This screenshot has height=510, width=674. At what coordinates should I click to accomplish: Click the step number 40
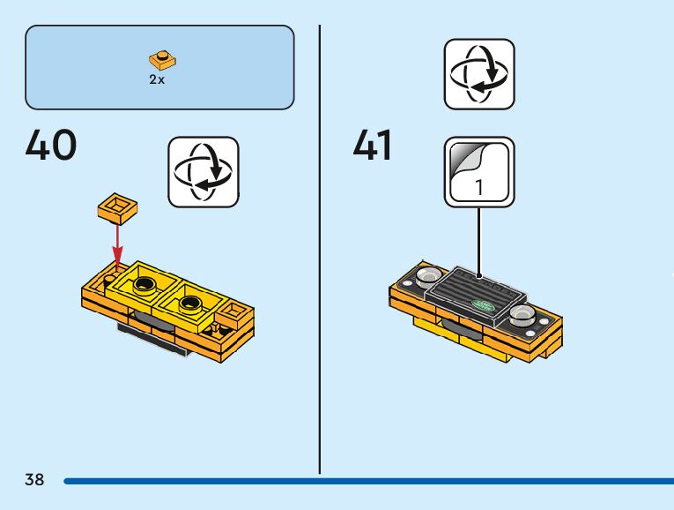point(51,145)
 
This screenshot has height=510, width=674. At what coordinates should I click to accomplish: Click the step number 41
point(373,145)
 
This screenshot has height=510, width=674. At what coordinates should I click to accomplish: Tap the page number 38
point(34,480)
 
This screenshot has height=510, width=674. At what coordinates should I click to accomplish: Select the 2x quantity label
point(157,79)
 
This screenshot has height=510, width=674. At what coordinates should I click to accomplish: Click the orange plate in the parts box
point(162,60)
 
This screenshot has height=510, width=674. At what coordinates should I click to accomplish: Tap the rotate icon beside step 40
point(204,171)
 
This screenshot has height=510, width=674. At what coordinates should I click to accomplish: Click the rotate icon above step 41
point(478,74)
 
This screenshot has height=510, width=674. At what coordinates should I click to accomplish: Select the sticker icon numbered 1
point(478,171)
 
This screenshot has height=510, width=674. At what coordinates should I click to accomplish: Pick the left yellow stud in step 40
point(144,284)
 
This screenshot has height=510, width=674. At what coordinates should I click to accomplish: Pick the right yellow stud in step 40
point(187,305)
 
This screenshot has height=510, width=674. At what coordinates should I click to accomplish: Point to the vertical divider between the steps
point(319,247)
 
